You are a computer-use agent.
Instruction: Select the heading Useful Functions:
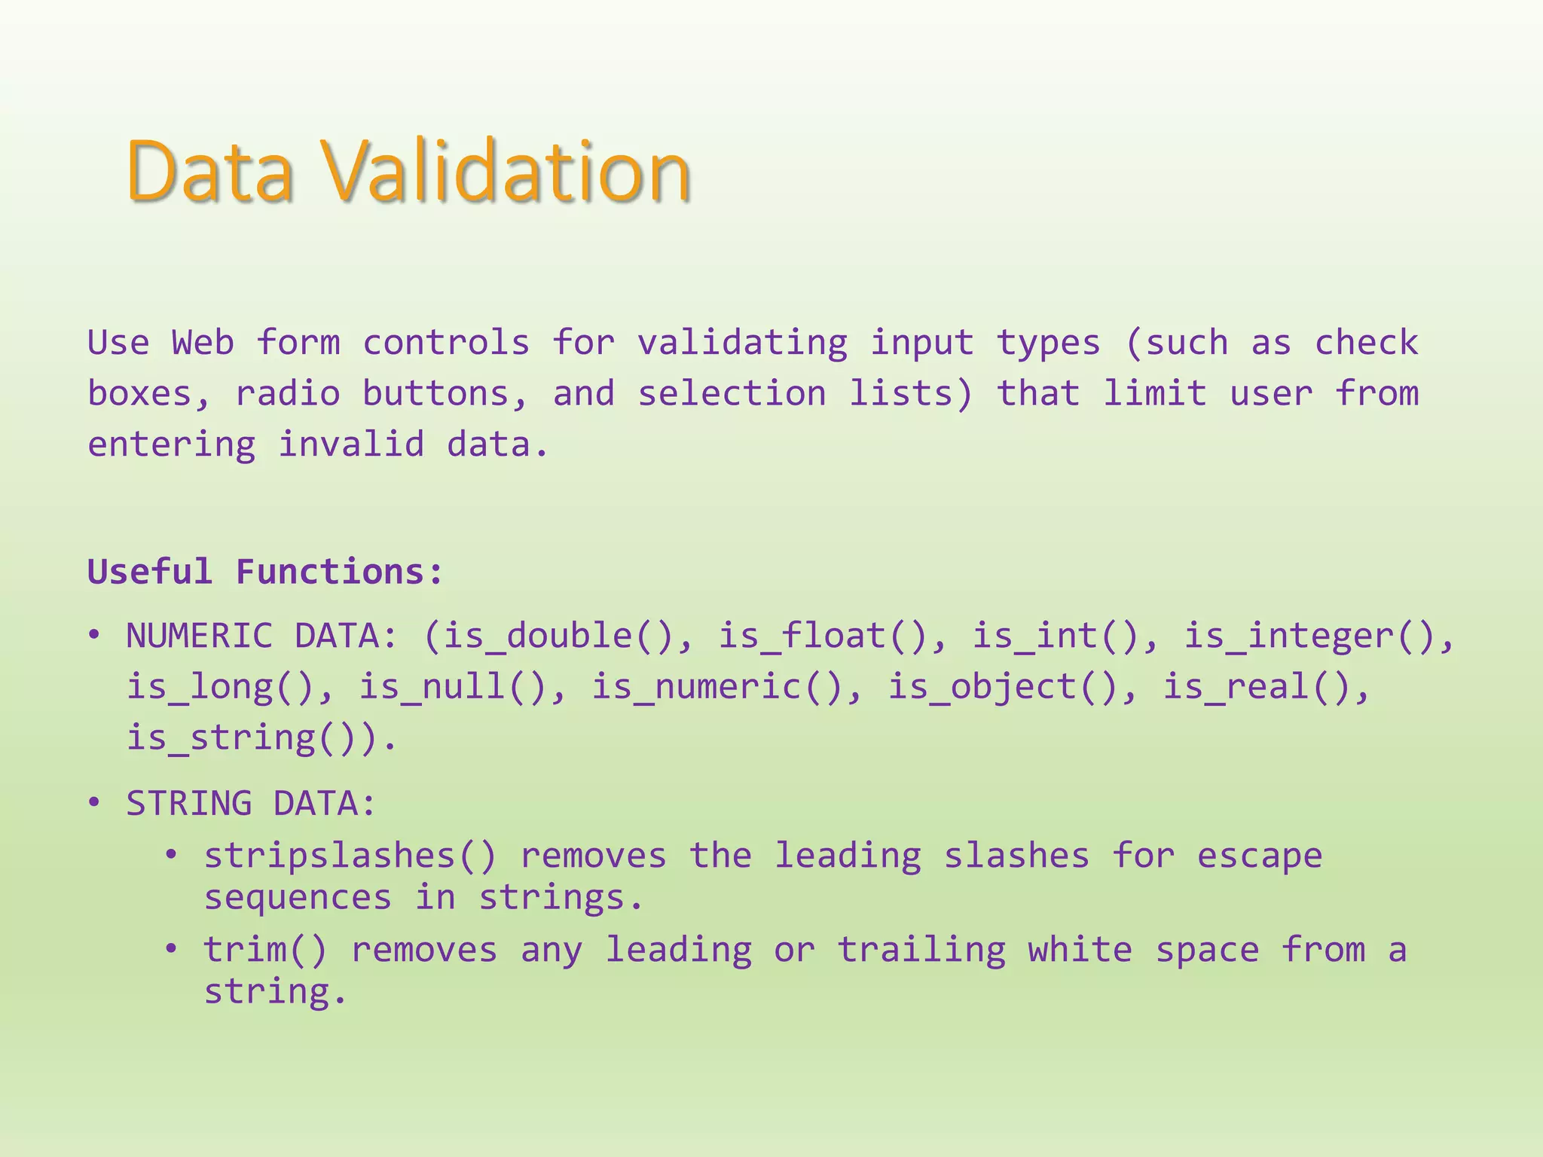tap(265, 572)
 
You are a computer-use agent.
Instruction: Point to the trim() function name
tap(265, 949)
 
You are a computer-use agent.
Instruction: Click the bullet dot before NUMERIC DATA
tap(94, 636)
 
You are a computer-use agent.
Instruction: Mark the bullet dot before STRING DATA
tap(94, 803)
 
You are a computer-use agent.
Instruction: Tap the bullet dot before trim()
tap(172, 948)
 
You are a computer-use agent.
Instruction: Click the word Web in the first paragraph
tap(203, 343)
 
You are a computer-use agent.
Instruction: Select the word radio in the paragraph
tap(288, 393)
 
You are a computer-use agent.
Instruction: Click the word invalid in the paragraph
tap(351, 444)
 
